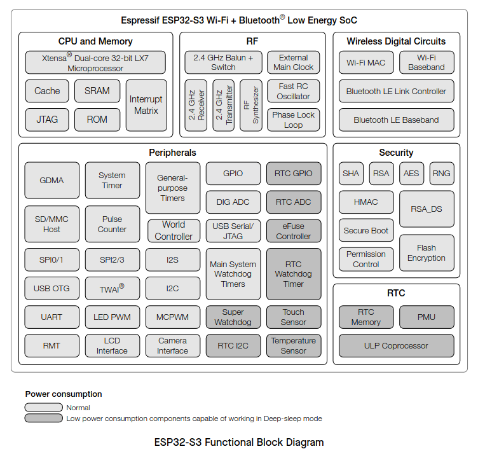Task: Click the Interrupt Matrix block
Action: [x=146, y=105]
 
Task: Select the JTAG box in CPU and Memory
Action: [x=47, y=120]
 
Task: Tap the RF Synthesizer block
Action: [x=251, y=105]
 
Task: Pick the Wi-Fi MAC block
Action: [x=366, y=62]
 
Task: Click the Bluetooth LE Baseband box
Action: [x=396, y=120]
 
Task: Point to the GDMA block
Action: [x=52, y=180]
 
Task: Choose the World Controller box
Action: [x=174, y=231]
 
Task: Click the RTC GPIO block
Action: [x=294, y=174]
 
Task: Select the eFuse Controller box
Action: [x=294, y=231]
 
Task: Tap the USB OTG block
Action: [x=52, y=288]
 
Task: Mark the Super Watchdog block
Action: [x=233, y=317]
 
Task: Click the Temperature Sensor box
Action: [x=294, y=345]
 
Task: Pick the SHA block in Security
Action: [x=351, y=174]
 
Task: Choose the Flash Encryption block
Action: [x=427, y=253]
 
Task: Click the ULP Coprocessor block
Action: [x=396, y=345]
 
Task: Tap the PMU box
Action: [x=427, y=317]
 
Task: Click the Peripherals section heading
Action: [x=172, y=153]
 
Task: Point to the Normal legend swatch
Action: [x=44, y=407]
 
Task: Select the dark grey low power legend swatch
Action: [x=44, y=418]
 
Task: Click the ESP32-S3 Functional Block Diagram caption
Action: [x=239, y=442]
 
